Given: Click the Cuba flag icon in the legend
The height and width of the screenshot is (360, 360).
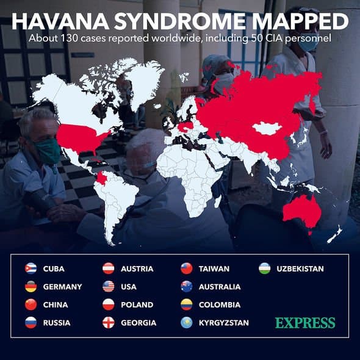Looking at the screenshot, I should (31, 268).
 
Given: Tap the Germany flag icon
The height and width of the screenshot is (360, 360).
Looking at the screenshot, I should (31, 286).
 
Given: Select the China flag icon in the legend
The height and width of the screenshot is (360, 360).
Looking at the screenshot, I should (31, 304).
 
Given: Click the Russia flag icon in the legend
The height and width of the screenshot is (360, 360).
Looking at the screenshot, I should (31, 322).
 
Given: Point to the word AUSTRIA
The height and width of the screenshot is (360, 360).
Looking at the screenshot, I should (137, 268).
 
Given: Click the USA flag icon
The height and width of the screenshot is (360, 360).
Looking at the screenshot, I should (109, 286).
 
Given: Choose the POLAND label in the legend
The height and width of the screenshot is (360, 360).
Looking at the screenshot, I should (137, 304).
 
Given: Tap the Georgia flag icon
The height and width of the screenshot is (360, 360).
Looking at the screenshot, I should (109, 322).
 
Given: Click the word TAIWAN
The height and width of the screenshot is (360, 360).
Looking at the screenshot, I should (214, 268).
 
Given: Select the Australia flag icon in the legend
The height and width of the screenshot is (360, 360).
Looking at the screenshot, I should (187, 286).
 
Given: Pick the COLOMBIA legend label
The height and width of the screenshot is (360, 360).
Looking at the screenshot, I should (220, 304).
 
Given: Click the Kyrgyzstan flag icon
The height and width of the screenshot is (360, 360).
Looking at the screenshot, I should (187, 322).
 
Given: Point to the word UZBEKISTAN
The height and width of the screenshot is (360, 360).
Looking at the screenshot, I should (300, 268).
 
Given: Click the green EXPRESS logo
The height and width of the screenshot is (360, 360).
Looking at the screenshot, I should (305, 322).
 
